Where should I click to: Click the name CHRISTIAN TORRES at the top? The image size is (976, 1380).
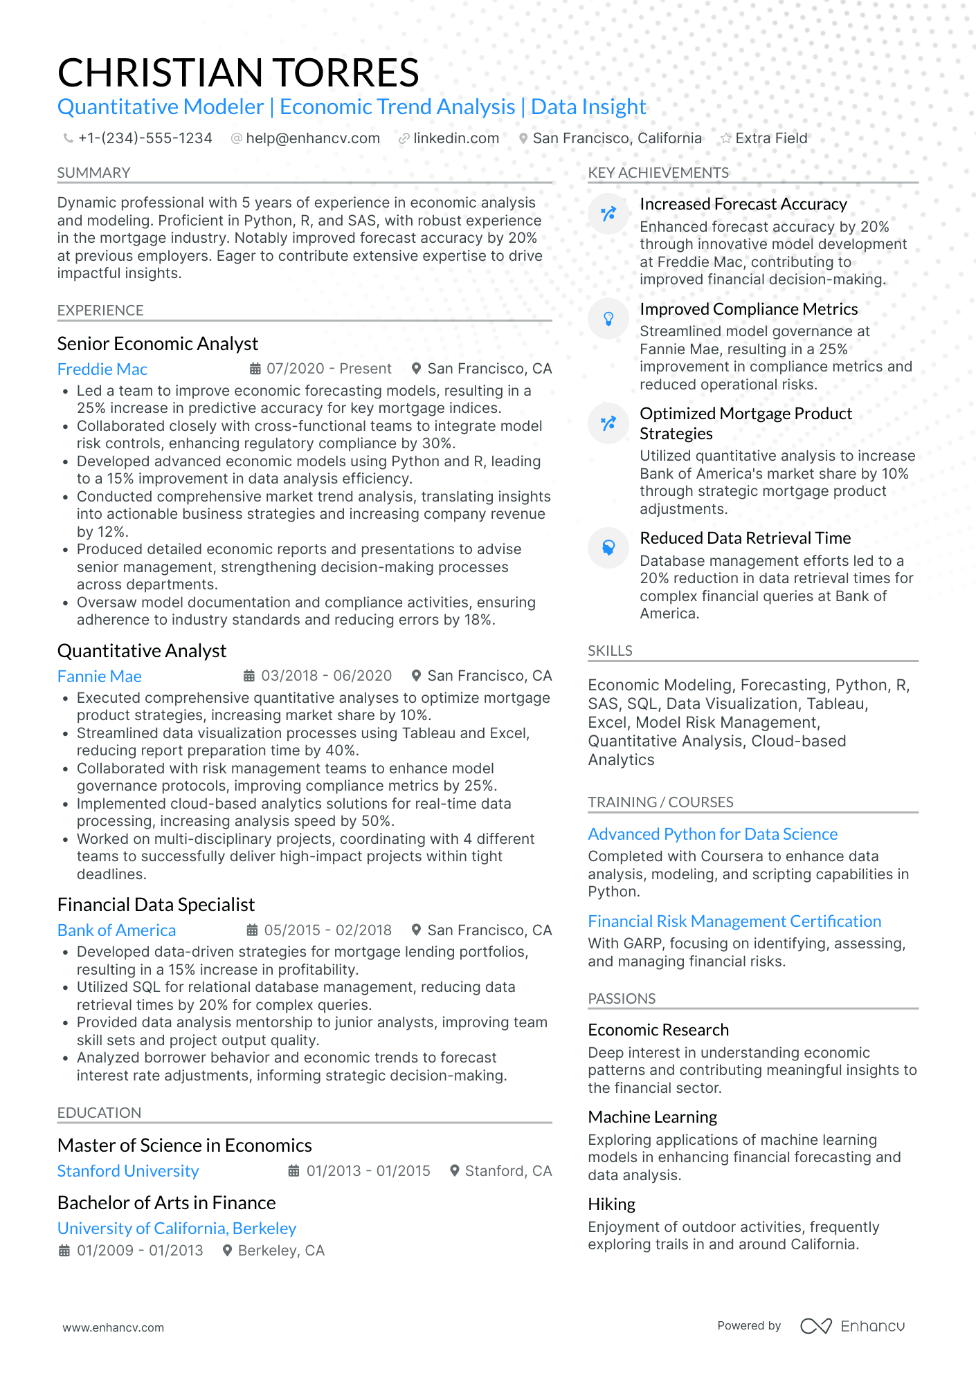(x=238, y=73)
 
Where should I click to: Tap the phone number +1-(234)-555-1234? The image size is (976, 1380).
(x=145, y=138)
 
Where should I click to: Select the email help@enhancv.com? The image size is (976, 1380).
(x=312, y=138)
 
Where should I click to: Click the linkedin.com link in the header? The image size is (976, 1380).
(x=455, y=138)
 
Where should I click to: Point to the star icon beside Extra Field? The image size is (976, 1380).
(x=725, y=138)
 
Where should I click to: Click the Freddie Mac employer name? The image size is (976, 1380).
(x=102, y=369)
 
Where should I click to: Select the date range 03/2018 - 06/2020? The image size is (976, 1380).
(x=326, y=676)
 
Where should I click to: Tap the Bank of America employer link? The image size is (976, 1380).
(x=116, y=930)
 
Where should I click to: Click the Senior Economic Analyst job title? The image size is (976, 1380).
(x=157, y=344)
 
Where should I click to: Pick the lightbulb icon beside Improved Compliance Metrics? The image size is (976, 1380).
(x=608, y=318)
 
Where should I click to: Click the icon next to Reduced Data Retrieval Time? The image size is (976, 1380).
(x=608, y=547)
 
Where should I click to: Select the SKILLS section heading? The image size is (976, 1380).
(x=609, y=651)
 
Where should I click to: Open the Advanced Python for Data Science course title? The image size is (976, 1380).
(x=712, y=834)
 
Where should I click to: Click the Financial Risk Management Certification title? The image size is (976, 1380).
(x=734, y=921)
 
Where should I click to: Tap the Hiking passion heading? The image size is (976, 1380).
(x=611, y=1204)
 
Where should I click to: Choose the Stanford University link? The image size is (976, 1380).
(x=128, y=1171)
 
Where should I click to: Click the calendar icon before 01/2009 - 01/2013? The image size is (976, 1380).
(x=64, y=1251)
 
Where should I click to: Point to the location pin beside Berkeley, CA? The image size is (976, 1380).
(x=226, y=1251)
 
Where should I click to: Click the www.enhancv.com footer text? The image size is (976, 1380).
(x=113, y=1327)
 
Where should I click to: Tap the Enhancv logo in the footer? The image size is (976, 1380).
(x=852, y=1326)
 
